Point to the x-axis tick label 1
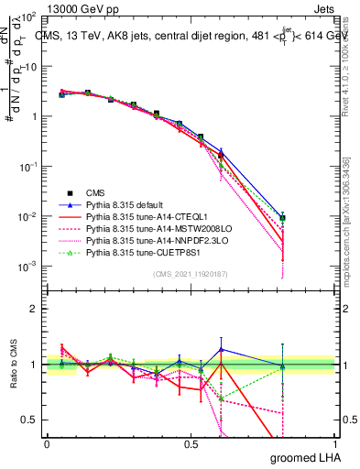click(333, 443)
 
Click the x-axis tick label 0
click(46, 443)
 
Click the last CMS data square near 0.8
click(283, 218)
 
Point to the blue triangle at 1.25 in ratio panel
click(220, 349)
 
